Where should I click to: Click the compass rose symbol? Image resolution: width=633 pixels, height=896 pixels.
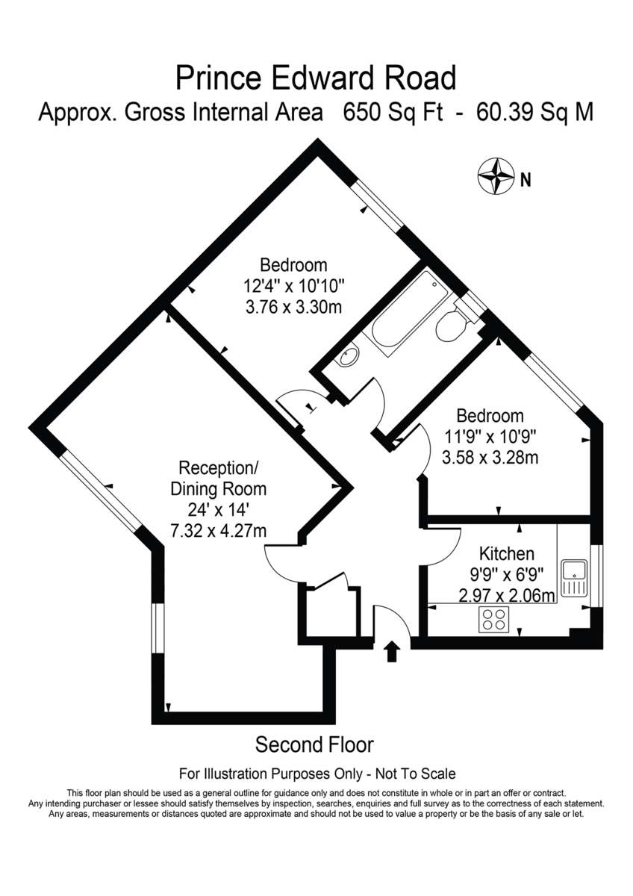coord(496,178)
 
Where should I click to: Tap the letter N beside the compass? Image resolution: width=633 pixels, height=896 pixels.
coord(526,179)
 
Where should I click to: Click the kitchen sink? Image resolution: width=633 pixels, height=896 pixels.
coord(575,579)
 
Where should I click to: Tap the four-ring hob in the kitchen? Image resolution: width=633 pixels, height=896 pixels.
coord(492,620)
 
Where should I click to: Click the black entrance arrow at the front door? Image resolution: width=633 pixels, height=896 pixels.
coord(392,651)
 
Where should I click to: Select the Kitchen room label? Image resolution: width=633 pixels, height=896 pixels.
coord(506,554)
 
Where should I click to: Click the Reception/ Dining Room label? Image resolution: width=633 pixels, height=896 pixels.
coord(218,479)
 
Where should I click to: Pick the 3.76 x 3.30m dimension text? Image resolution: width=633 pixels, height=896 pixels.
coord(293,307)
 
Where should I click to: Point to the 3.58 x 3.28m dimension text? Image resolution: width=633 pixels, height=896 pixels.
coord(490,457)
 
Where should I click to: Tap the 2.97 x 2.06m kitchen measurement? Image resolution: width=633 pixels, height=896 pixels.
coord(507,595)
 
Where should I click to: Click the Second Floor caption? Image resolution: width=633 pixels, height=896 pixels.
coord(314,744)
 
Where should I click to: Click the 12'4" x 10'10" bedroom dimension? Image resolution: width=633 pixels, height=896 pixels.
coord(293,286)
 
